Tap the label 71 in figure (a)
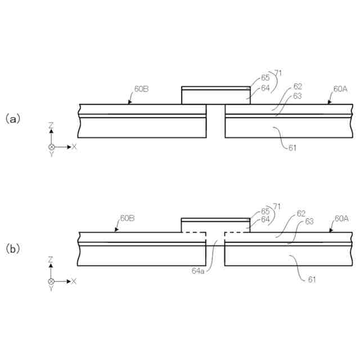(x=277, y=73)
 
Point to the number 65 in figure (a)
(x=265, y=79)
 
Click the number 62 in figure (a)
(x=297, y=87)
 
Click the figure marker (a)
(x=12, y=119)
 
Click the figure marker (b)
(x=12, y=248)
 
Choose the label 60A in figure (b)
(x=341, y=218)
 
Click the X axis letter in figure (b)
(x=74, y=281)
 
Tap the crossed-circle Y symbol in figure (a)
(x=52, y=146)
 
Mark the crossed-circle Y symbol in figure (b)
(x=52, y=281)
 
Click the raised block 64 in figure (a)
(x=215, y=97)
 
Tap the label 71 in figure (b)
(x=277, y=206)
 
